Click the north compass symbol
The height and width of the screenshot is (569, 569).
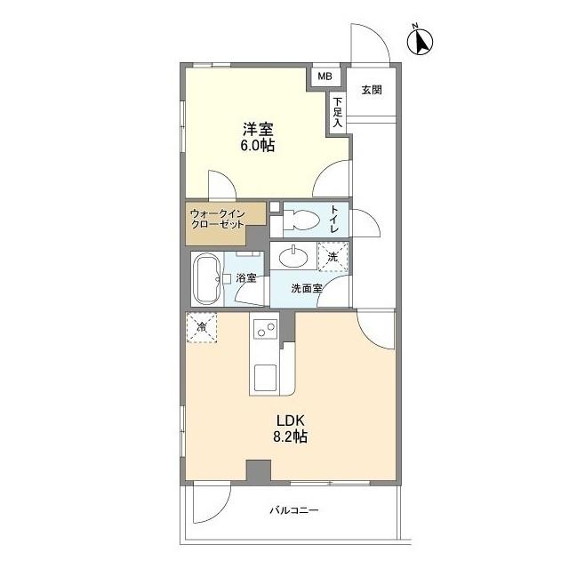pyautogui.click(x=420, y=41)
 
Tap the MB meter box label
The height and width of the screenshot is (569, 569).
pyautogui.click(x=326, y=77)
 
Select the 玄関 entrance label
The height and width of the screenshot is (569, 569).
pyautogui.click(x=372, y=90)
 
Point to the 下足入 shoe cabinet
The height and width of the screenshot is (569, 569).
pyautogui.click(x=338, y=113)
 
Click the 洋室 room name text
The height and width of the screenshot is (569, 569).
pyautogui.click(x=255, y=127)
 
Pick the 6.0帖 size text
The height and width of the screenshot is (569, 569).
pyautogui.click(x=255, y=145)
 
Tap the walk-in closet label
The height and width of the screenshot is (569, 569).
pyautogui.click(x=224, y=220)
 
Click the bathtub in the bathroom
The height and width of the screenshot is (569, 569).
pyautogui.click(x=208, y=280)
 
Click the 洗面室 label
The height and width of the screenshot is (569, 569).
pyautogui.click(x=307, y=289)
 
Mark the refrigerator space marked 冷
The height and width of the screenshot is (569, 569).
pyautogui.click(x=201, y=328)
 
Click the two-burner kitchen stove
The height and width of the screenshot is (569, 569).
pyautogui.click(x=264, y=331)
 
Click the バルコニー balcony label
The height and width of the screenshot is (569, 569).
pyautogui.click(x=293, y=511)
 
